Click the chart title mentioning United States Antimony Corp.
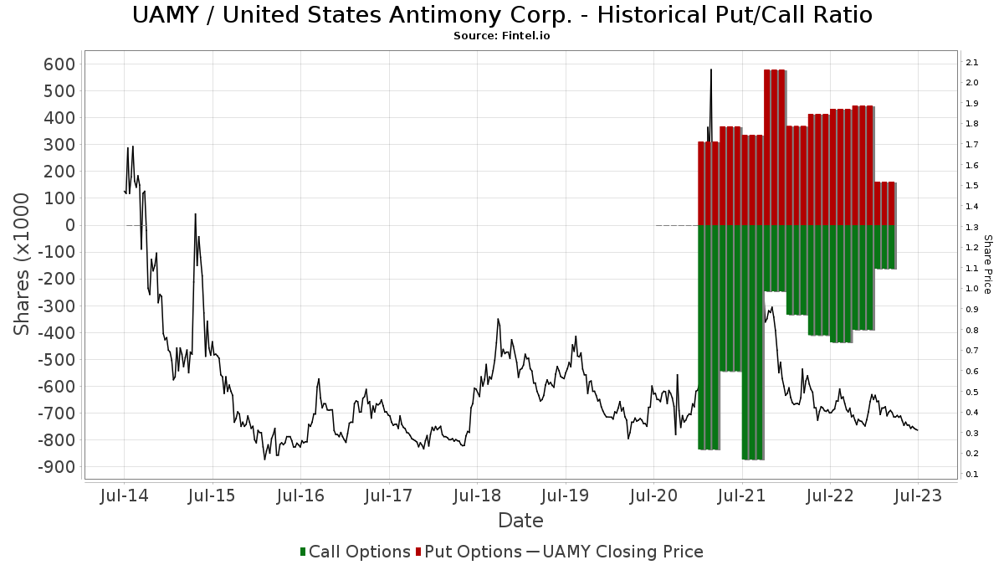pos(502,15)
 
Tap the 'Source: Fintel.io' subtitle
pos(502,36)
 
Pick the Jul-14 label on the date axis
pos(124,496)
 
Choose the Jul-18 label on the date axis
pos(476,496)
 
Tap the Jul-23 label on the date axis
pos(918,496)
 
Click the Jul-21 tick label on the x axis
pos(741,496)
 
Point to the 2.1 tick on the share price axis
pos(971,63)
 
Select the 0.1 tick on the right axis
pos(971,475)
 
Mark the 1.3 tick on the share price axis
pos(971,227)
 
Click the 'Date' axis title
pos(520,521)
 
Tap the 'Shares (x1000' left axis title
pos(23,264)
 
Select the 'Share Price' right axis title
pos(988,264)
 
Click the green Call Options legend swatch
pos(303,552)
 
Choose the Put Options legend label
pos(473,552)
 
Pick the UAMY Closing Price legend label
pos(623,552)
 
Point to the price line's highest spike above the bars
pos(711,70)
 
